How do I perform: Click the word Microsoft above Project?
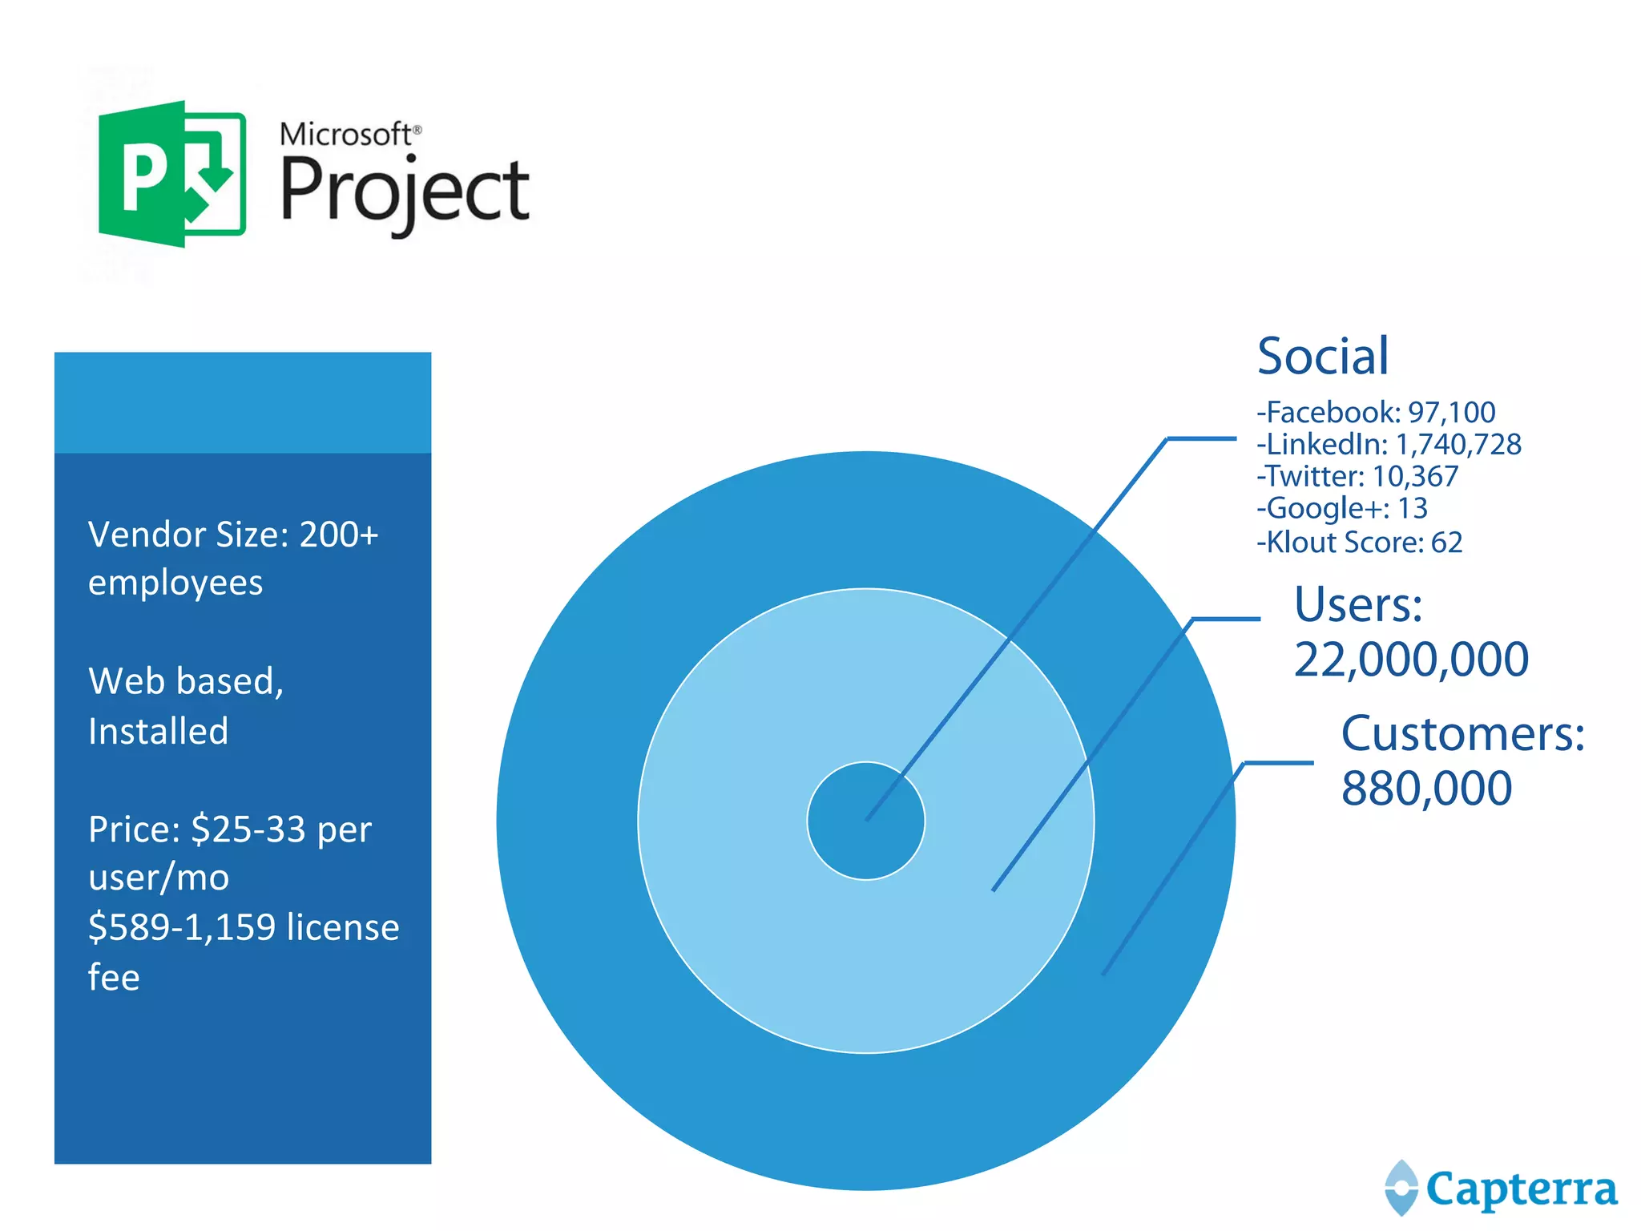[x=346, y=134]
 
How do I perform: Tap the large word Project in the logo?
[x=405, y=192]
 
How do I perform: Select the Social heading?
[x=1322, y=356]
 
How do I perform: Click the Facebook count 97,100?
[x=1451, y=412]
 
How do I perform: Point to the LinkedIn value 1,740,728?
[x=1458, y=444]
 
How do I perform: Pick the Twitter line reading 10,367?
[x=1357, y=476]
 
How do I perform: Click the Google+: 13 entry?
[x=1342, y=508]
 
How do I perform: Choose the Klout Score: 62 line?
[x=1360, y=543]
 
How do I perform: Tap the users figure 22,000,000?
[x=1411, y=660]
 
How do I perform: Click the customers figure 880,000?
[x=1426, y=789]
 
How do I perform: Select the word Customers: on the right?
[x=1462, y=733]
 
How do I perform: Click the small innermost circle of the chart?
[x=865, y=821]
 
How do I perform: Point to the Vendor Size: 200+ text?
[x=232, y=535]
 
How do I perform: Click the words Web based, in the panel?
[x=186, y=681]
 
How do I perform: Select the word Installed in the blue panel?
[x=158, y=731]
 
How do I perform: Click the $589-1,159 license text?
[x=244, y=927]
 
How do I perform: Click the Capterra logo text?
[x=1521, y=1189]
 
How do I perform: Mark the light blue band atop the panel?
[x=243, y=402]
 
